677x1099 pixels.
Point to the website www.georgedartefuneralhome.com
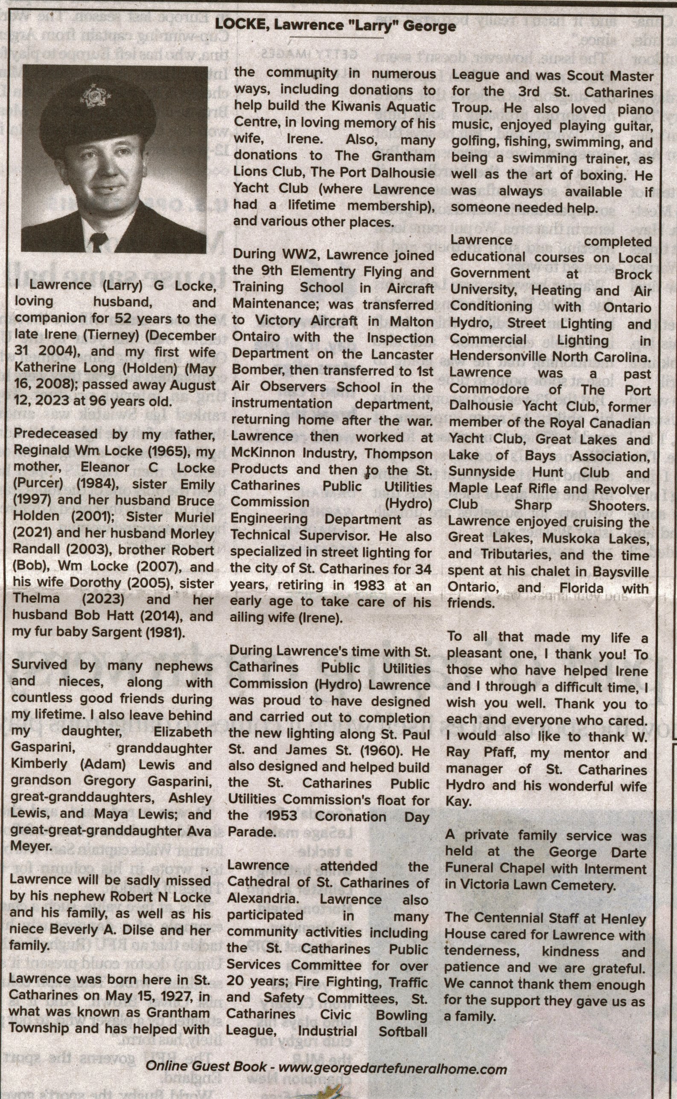tap(393, 1069)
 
